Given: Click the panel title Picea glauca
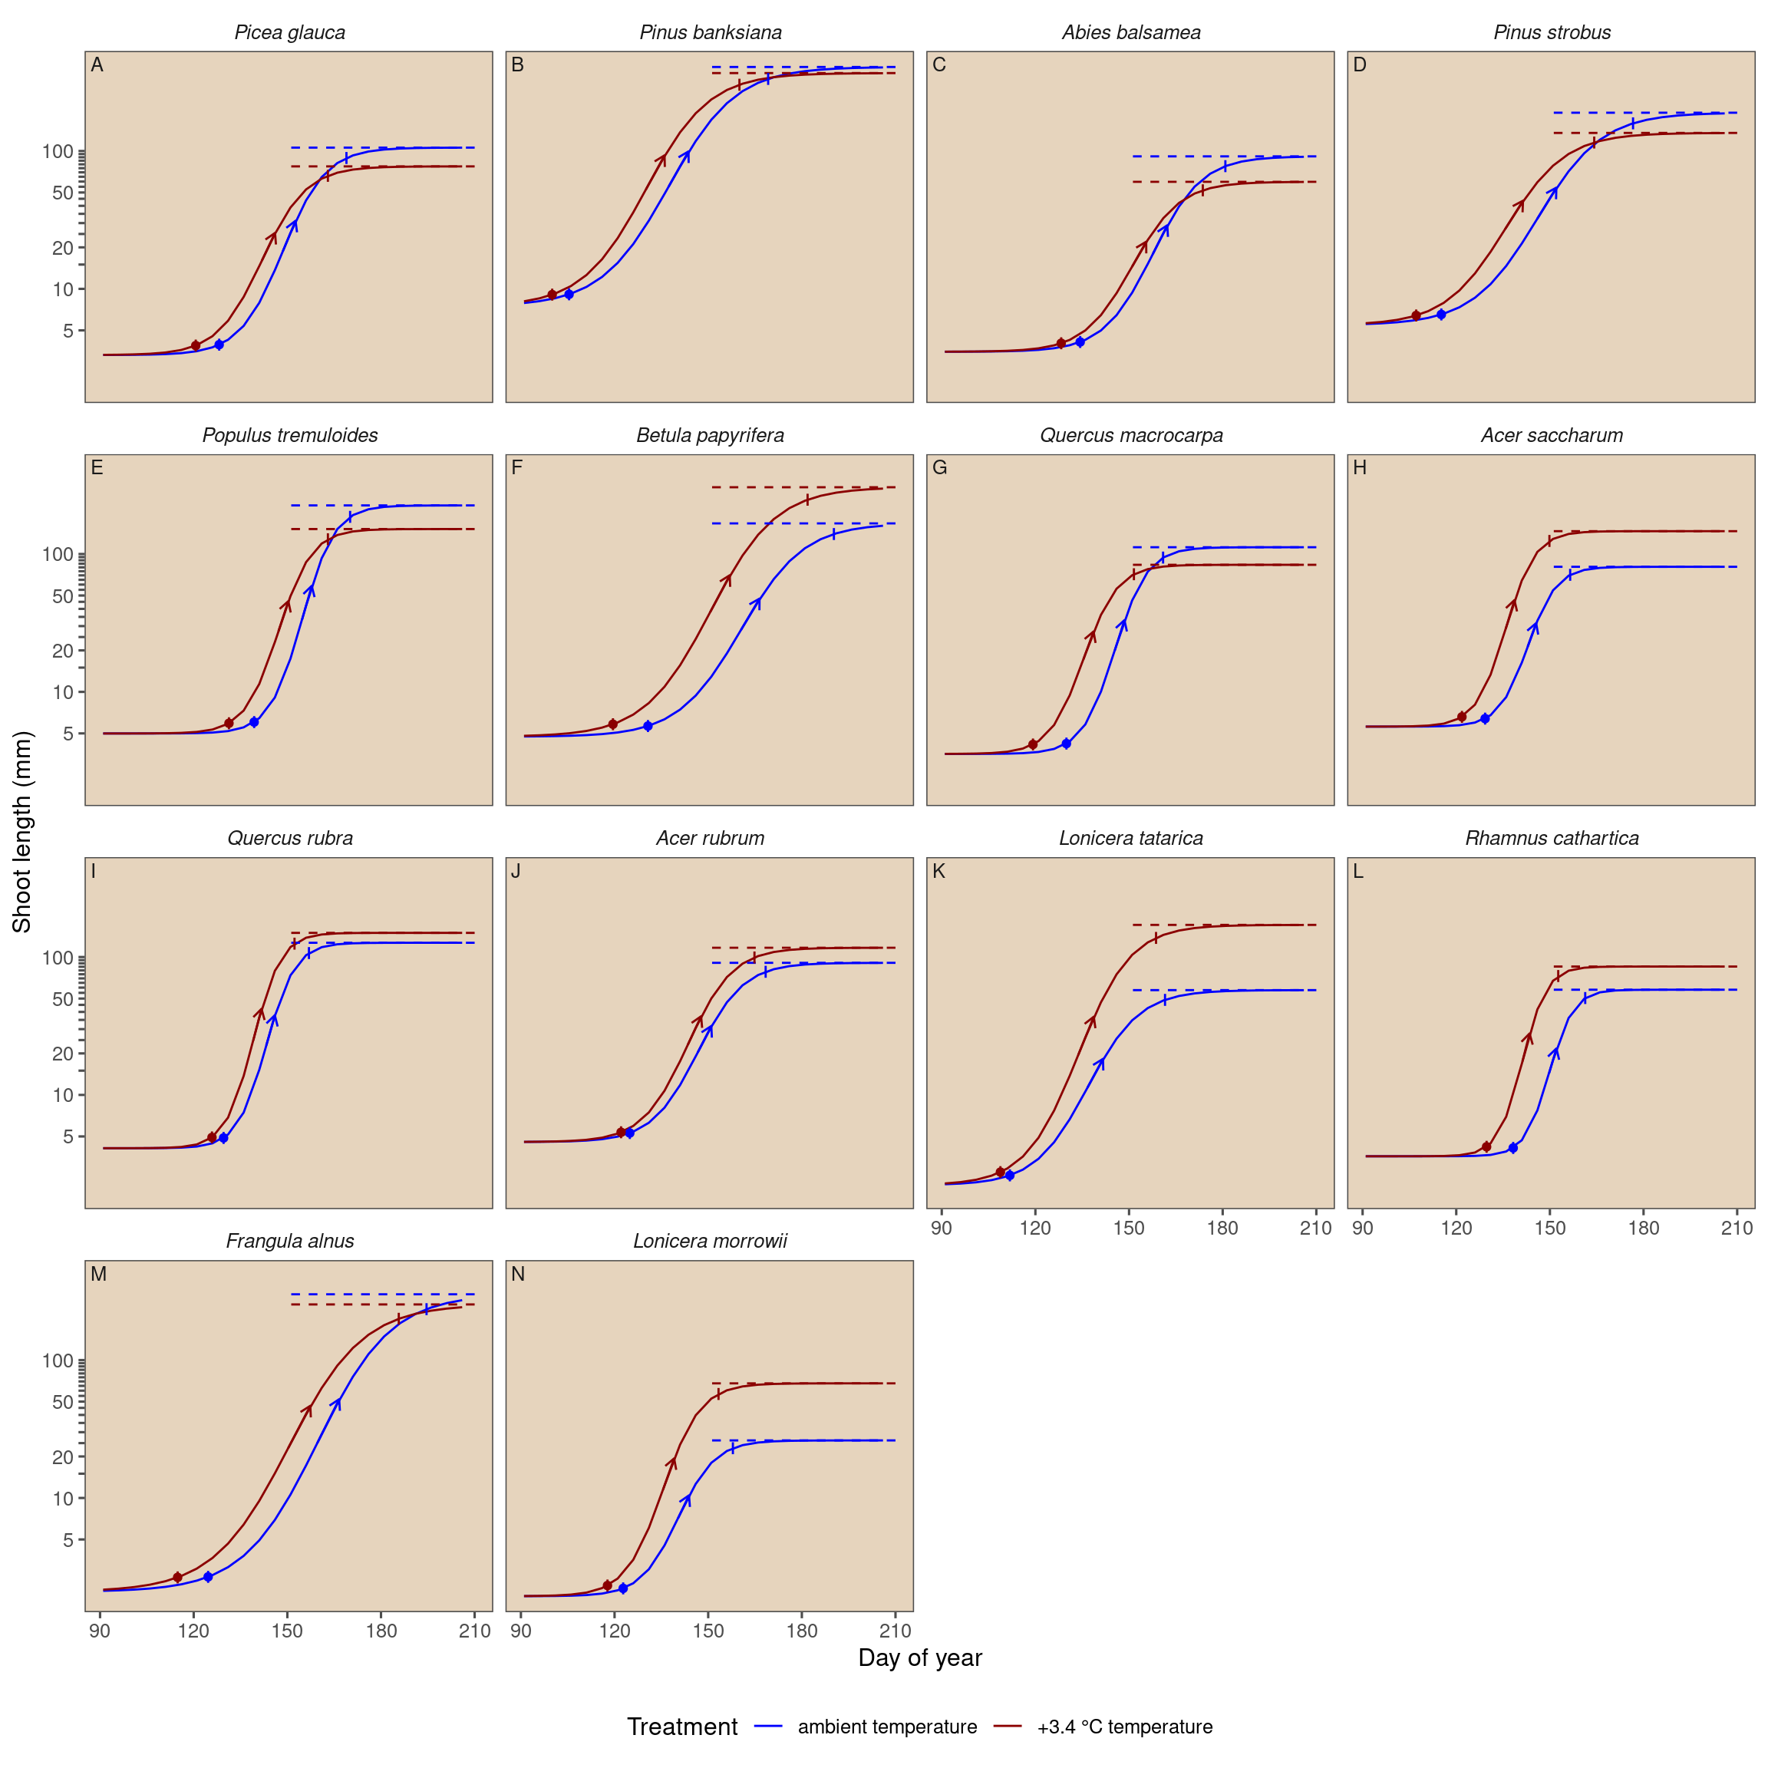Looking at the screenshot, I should click(290, 33).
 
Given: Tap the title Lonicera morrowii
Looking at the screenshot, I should click(710, 1241).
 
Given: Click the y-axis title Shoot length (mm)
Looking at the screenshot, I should click(22, 832).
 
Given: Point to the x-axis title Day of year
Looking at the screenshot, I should click(920, 1658).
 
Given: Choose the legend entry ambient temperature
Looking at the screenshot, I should click(887, 1727).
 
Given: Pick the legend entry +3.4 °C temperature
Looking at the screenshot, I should click(1125, 1727).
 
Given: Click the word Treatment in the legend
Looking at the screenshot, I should click(681, 1727).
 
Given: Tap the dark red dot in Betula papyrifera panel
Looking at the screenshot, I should click(613, 724).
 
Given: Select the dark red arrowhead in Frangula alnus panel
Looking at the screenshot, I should click(308, 1410).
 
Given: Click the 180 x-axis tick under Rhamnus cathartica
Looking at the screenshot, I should click(1644, 1228).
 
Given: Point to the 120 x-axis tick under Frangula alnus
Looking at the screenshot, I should click(194, 1631).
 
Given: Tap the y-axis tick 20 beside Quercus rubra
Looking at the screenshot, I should click(63, 1054).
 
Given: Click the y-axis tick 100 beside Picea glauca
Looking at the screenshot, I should click(58, 152).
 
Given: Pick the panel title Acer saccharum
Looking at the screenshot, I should click(1552, 436).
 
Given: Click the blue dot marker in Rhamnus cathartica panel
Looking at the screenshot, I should click(1512, 1147).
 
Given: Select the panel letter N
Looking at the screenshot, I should click(518, 1275).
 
